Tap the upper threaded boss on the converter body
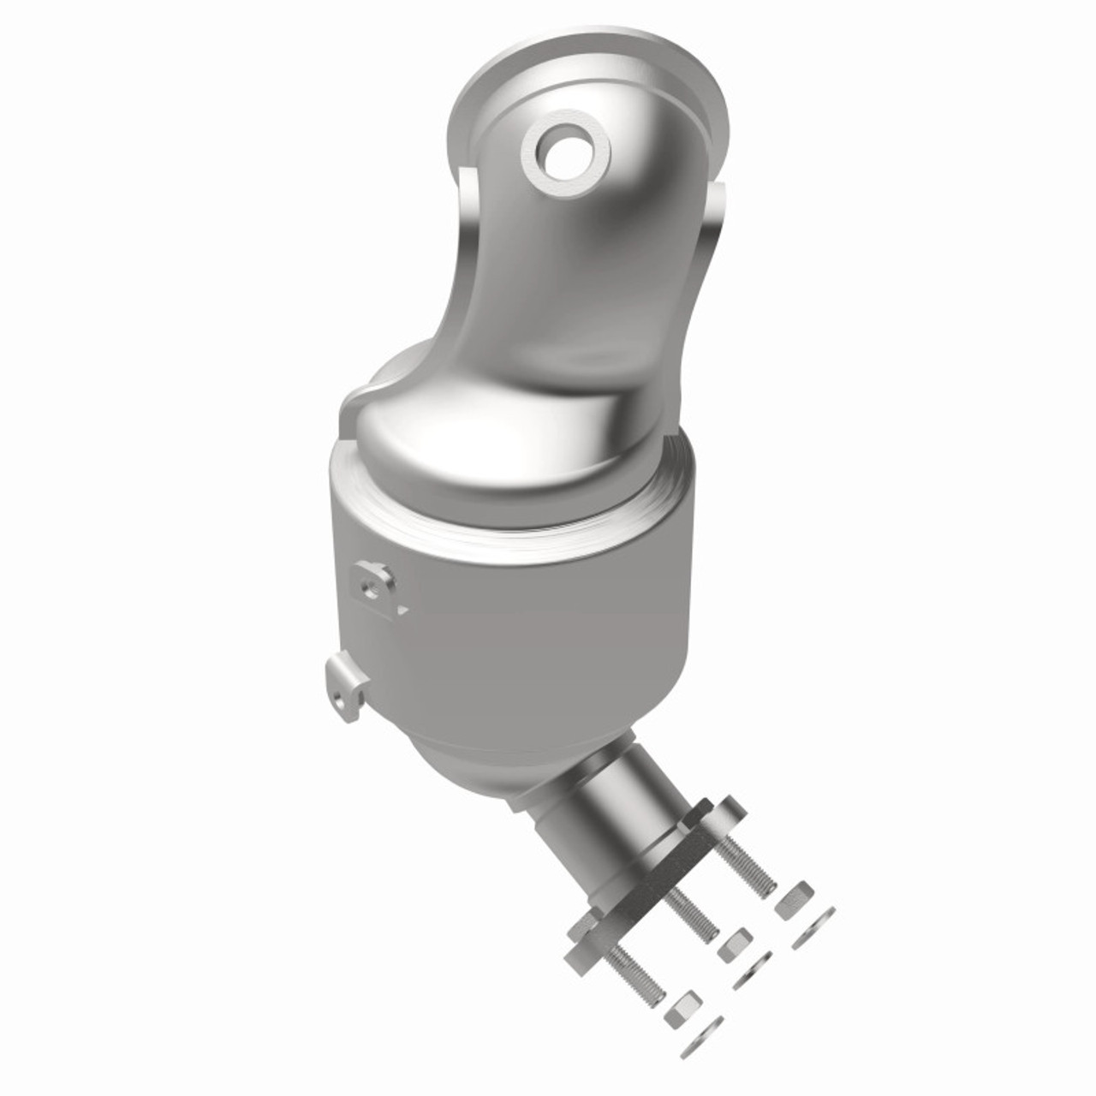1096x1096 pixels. coord(374,584)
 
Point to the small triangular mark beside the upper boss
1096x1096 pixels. coord(400,610)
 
